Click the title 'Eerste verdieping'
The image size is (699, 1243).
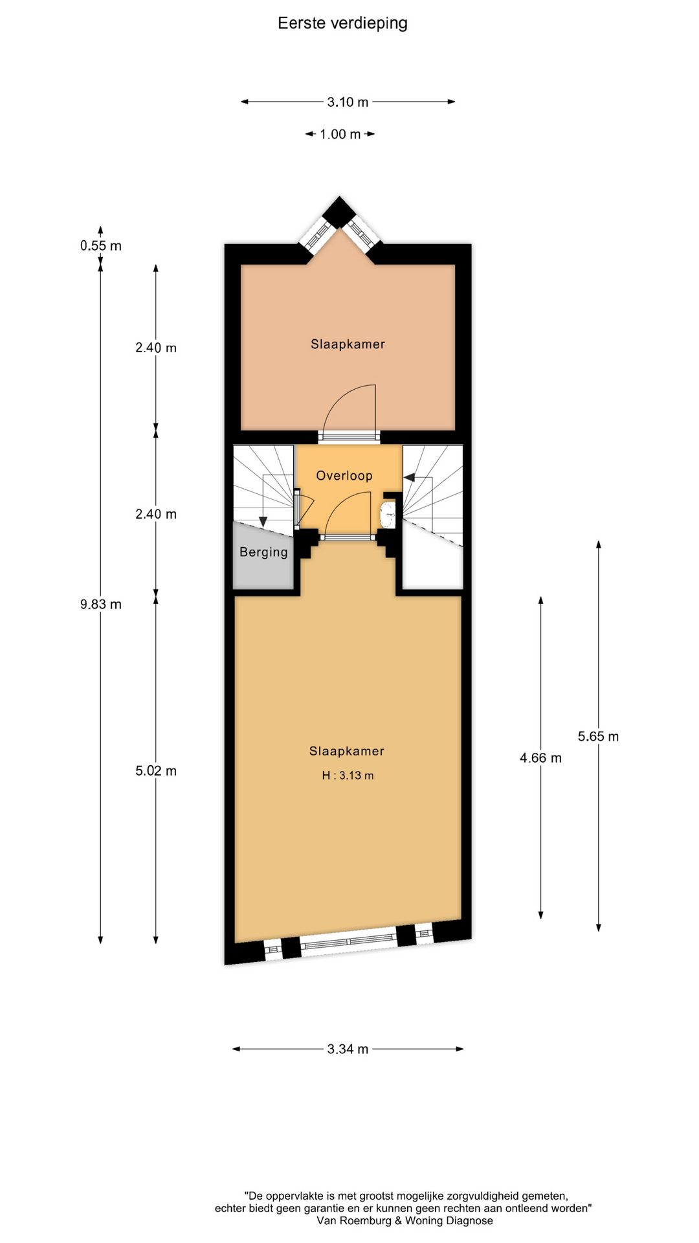click(x=342, y=23)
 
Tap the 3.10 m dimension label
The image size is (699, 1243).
click(x=348, y=102)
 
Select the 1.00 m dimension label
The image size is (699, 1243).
click(x=340, y=134)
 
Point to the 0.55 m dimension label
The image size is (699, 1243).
click(x=101, y=245)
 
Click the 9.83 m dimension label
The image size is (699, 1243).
click(x=101, y=604)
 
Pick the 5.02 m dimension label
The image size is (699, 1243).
click(x=156, y=770)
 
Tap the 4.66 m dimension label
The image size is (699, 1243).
click(x=540, y=757)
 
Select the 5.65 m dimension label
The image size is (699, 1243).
click(x=598, y=736)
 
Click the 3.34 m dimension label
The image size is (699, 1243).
click(x=348, y=1049)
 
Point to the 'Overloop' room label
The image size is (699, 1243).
click(x=344, y=475)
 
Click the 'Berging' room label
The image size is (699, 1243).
click(x=263, y=552)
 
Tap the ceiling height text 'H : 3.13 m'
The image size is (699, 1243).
click(x=348, y=775)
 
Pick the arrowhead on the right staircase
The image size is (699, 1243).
click(x=410, y=477)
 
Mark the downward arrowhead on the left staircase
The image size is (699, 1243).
click(x=263, y=522)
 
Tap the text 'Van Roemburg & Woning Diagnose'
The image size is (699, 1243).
click(x=405, y=1220)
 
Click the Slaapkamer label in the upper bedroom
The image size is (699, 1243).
click(x=348, y=344)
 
